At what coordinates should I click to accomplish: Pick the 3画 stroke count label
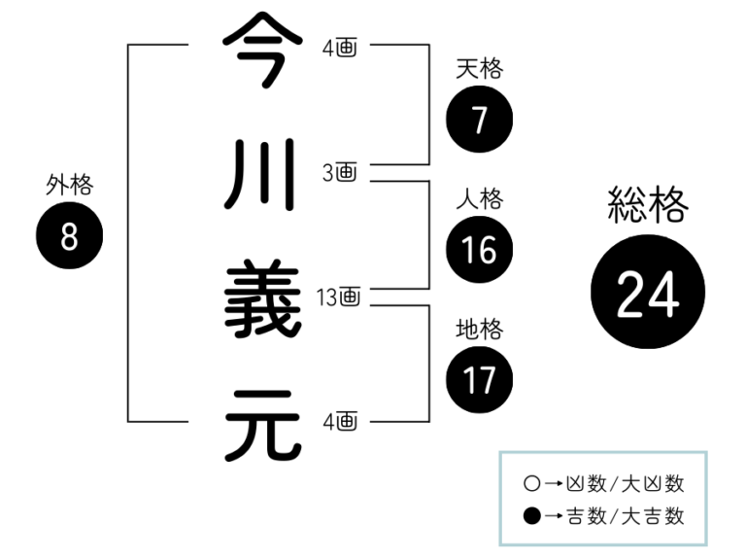coord(340,173)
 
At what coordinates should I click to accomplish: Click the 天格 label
coord(479,69)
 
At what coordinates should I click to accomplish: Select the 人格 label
coord(479,199)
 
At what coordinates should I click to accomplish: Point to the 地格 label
coord(479,330)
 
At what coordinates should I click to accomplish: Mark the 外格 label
coord(69,185)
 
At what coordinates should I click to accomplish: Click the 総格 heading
coord(648,206)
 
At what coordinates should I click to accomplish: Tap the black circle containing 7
coord(479,120)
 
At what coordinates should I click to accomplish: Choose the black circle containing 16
coord(479,250)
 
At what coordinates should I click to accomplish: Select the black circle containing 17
coord(479,379)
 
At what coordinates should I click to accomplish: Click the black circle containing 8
coord(69,236)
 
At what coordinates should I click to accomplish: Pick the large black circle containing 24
coord(648,293)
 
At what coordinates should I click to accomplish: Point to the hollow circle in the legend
coord(530,482)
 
